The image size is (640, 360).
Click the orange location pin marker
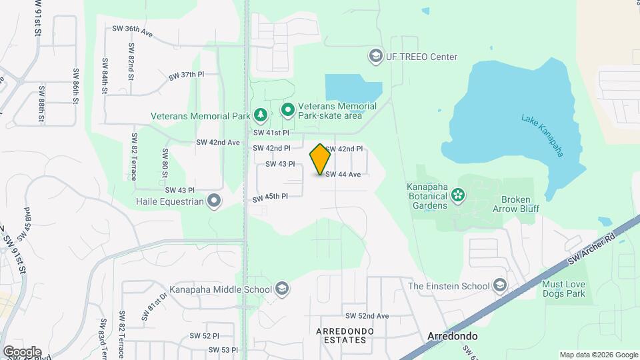[321, 159]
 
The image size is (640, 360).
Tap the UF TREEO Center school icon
[375, 56]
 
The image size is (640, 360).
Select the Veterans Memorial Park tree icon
[261, 116]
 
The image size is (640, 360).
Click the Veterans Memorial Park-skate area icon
[288, 109]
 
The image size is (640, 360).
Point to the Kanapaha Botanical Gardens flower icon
[458, 195]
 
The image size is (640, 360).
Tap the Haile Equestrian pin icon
[214, 201]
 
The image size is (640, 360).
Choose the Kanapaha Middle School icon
[282, 289]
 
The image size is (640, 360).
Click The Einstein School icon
[499, 286]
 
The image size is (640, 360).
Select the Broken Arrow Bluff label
[520, 204]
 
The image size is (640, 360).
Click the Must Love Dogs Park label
[563, 289]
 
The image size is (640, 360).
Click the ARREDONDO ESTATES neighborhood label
[341, 335]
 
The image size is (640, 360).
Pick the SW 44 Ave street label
[343, 175]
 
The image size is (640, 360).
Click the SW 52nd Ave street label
[367, 315]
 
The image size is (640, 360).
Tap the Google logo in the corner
[22, 351]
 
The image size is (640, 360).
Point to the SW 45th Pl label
[270, 197]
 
